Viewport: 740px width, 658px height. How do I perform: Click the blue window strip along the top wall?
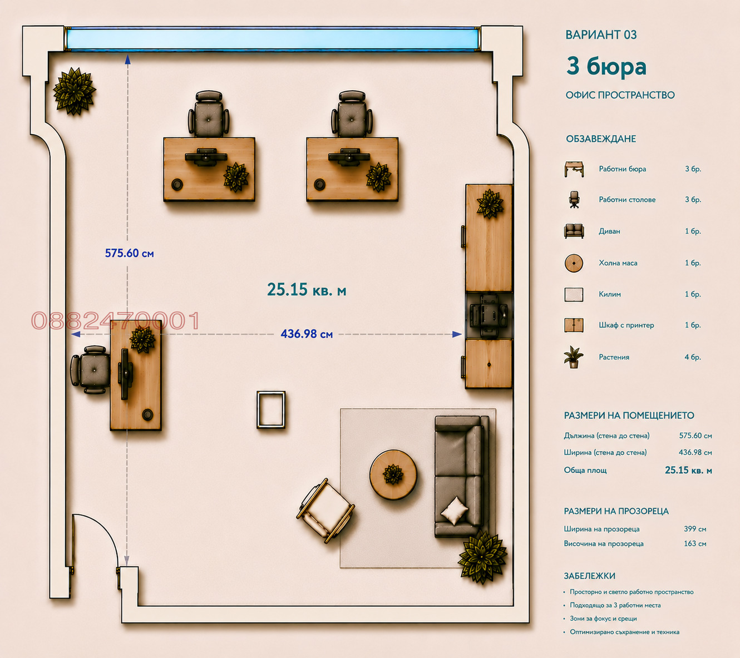272,39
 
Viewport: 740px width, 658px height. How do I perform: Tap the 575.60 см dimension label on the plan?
129,253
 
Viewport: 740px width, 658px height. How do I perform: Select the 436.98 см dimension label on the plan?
307,334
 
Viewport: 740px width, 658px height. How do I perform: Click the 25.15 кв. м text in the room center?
307,290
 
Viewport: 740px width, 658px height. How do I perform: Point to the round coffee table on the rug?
393,474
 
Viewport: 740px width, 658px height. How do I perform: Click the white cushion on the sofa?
454,510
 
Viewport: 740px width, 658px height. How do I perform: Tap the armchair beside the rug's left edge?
326,511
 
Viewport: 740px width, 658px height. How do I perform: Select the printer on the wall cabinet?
489,315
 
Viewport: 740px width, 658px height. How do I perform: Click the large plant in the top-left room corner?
75,91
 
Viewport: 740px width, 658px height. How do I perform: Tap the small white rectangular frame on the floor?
271,409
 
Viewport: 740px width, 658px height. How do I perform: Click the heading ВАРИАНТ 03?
601,34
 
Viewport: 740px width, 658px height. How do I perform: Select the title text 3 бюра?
606,66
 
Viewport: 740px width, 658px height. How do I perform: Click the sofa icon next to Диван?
574,231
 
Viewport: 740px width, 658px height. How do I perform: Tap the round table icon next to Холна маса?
574,263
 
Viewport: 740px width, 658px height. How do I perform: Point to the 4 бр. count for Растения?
693,357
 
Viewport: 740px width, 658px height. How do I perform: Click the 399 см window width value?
695,529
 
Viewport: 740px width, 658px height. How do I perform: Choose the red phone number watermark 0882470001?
115,320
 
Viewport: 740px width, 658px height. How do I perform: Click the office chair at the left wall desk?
90,370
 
